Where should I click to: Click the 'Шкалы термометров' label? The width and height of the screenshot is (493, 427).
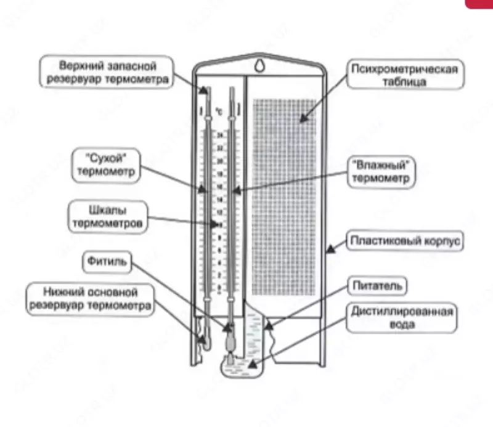(x=108, y=217)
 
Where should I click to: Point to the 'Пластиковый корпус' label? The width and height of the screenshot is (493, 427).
(x=405, y=241)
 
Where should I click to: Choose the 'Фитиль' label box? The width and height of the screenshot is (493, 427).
(x=107, y=262)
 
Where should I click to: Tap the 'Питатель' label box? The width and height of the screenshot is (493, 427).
(x=378, y=286)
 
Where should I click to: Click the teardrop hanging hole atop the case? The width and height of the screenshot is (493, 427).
(x=260, y=63)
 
